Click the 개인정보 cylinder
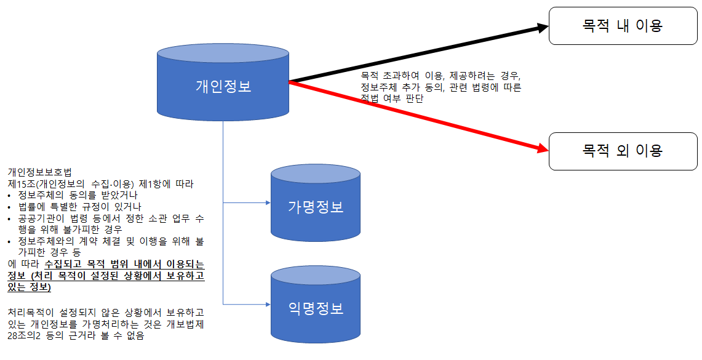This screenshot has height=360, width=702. [223, 86]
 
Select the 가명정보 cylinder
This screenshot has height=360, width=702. [316, 207]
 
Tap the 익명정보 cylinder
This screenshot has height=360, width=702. [316, 308]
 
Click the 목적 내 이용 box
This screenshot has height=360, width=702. [623, 26]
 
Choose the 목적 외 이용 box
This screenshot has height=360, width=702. [623, 151]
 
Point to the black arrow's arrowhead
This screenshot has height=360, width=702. [541, 27]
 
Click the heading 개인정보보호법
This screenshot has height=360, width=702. [39, 172]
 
